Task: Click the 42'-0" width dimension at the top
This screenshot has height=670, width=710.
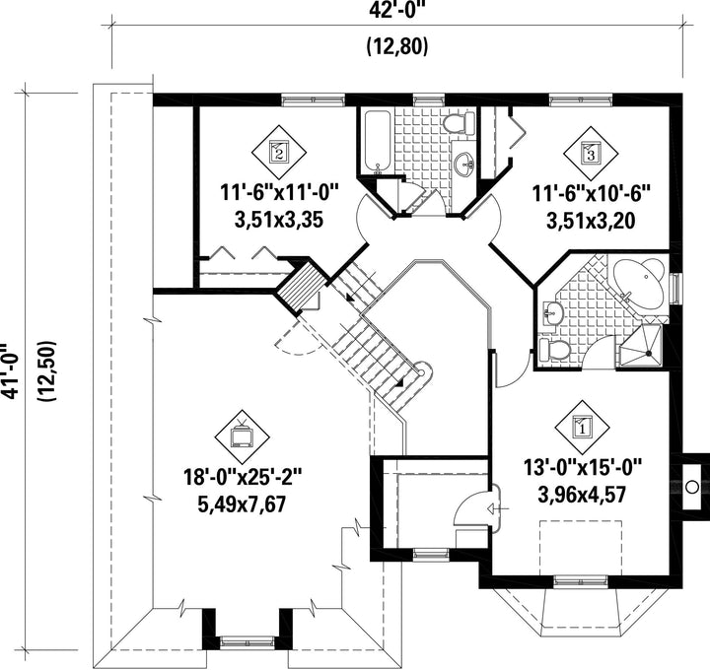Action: tap(397, 9)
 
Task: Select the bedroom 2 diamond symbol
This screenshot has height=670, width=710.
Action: tap(279, 152)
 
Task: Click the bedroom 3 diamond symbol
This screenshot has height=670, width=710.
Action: tap(591, 152)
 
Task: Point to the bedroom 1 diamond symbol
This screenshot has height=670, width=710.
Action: tap(582, 426)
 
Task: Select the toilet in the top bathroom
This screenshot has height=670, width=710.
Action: tap(459, 123)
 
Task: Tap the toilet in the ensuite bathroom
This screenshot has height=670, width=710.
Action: tap(554, 350)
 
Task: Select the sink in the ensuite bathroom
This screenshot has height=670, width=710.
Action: tap(552, 312)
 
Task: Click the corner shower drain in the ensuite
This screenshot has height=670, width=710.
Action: tap(649, 353)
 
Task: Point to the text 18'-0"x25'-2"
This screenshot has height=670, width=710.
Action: tap(242, 477)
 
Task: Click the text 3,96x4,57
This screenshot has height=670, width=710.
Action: tap(582, 495)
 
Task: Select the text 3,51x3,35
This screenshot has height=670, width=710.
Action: tap(279, 221)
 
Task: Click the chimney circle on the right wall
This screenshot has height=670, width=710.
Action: tap(691, 487)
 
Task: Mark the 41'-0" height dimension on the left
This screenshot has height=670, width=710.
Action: tap(9, 371)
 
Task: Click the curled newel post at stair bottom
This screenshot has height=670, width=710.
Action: tap(422, 371)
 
